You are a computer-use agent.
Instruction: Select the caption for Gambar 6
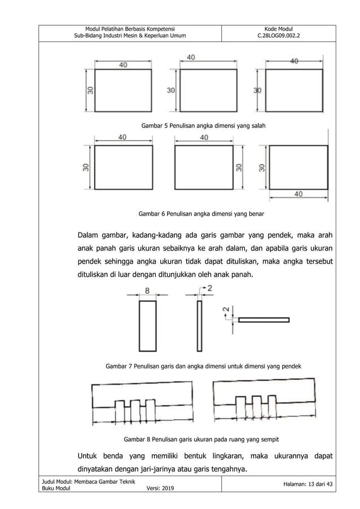point(201,214)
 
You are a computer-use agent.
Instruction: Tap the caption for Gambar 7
point(203,366)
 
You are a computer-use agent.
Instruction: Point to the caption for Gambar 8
point(201,439)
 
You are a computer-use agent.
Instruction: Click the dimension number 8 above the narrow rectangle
point(147,291)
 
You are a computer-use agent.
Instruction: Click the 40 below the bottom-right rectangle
point(298,194)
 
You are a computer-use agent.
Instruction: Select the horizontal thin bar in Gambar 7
point(264,320)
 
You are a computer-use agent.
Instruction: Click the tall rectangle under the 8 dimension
point(147,326)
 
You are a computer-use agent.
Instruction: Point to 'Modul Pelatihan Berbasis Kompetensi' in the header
point(130,29)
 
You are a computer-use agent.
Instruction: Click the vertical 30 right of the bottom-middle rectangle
point(239,167)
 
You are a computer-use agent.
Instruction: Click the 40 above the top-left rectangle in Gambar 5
point(122,65)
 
